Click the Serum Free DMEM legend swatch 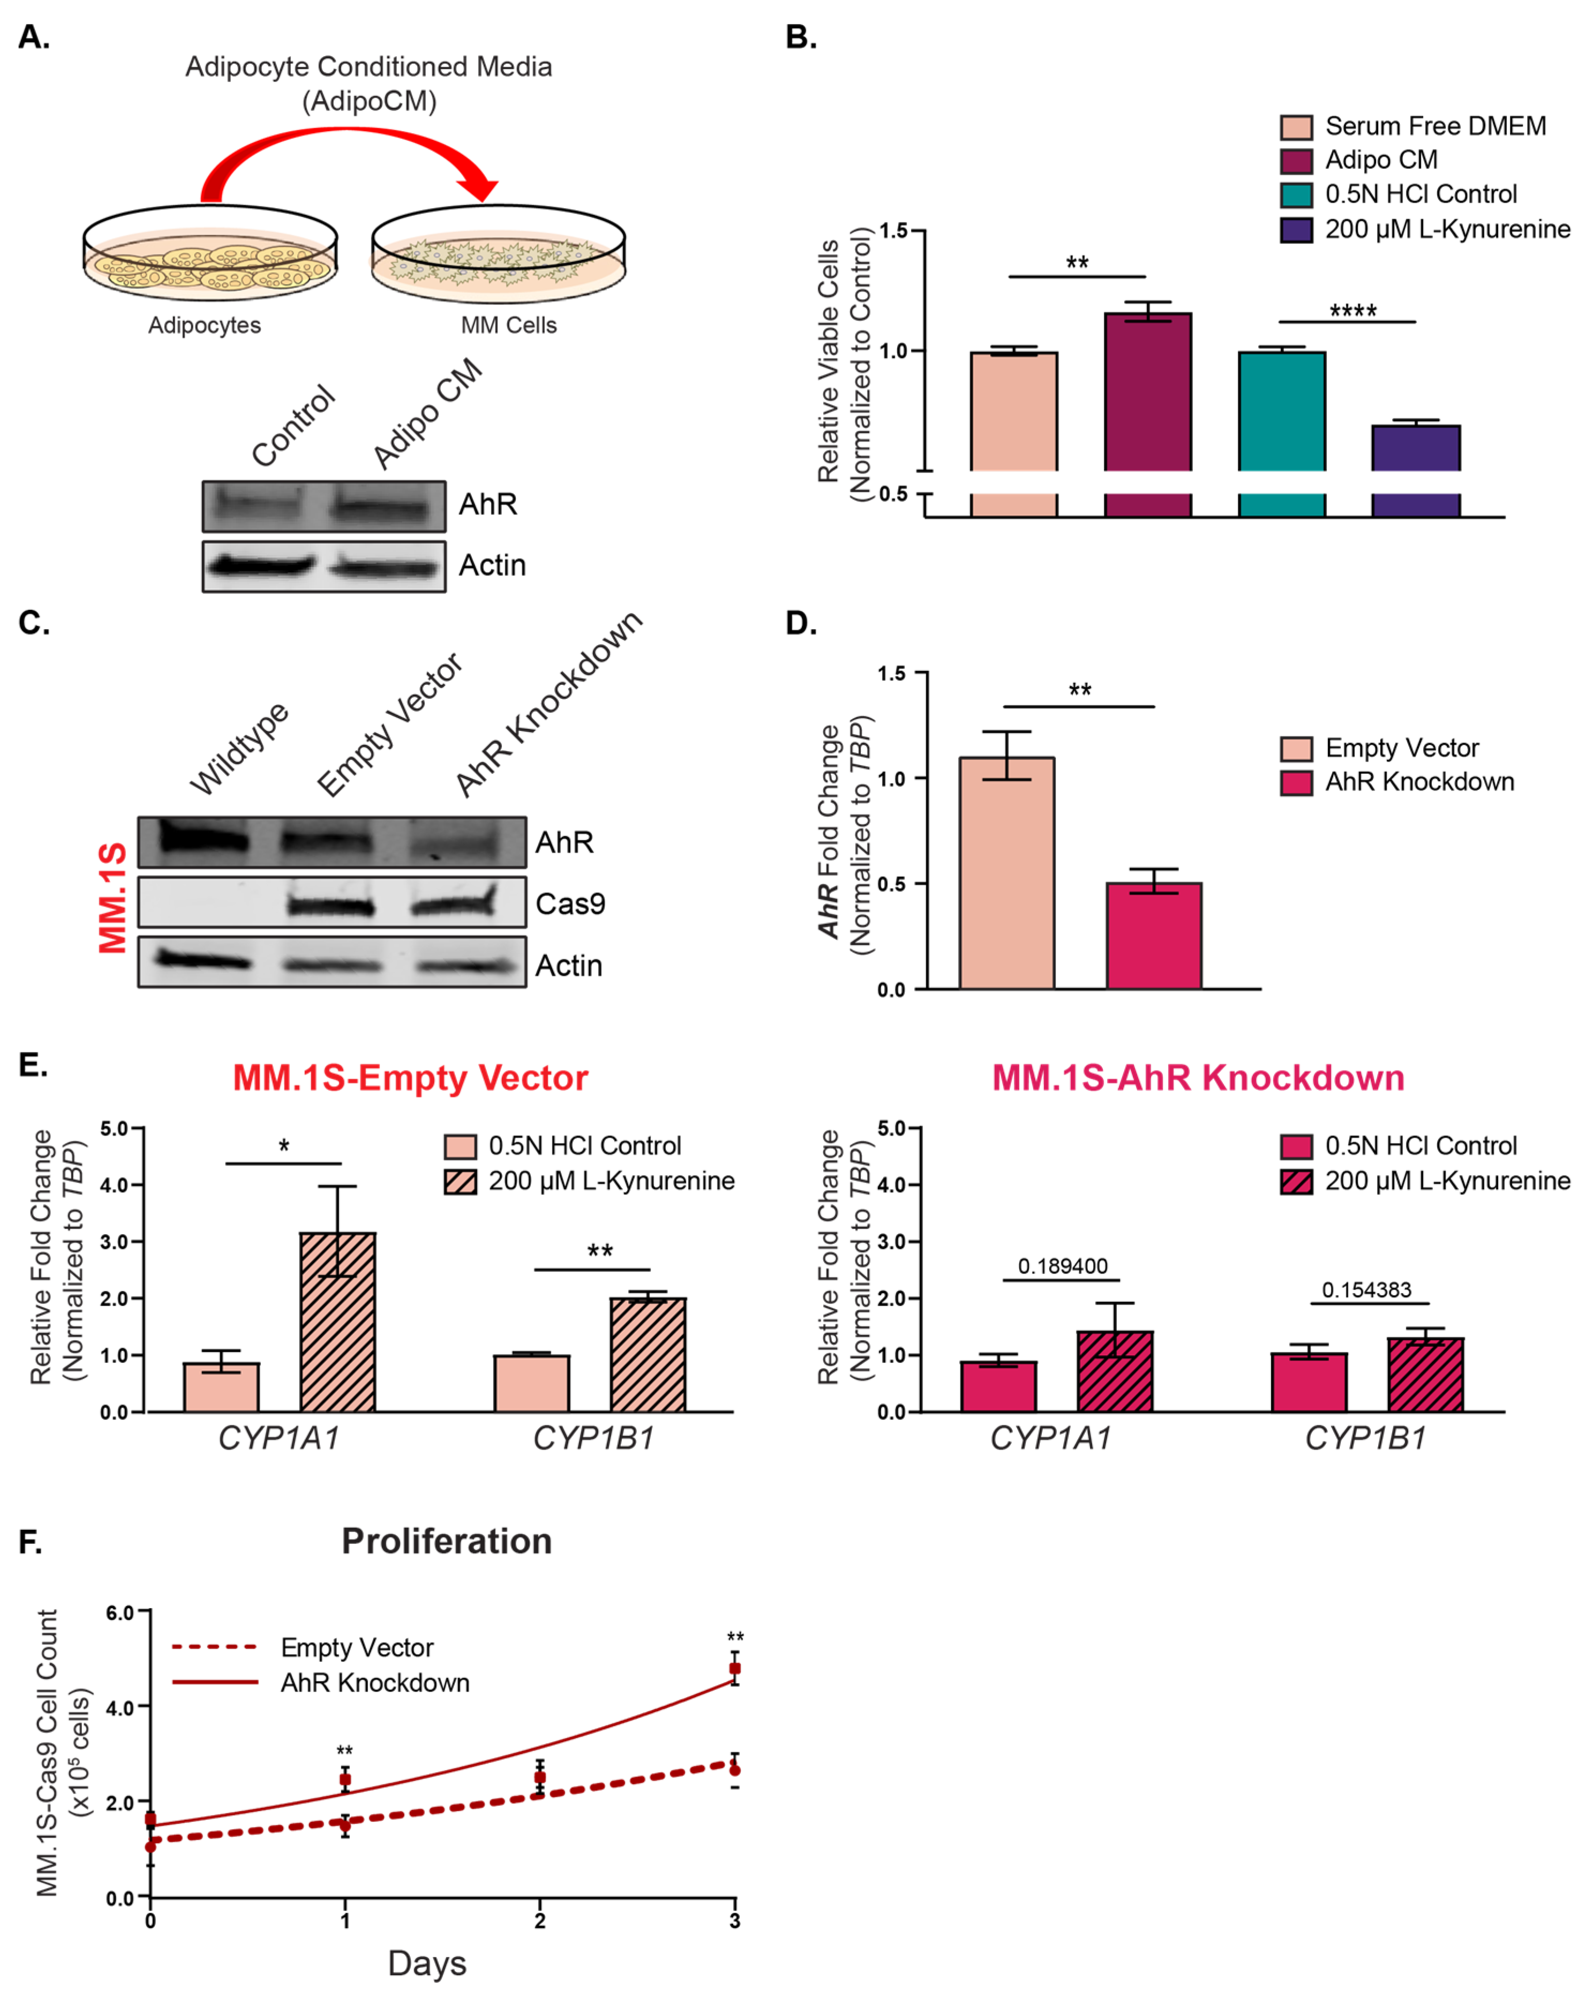(x=1296, y=127)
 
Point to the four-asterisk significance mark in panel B (x=1352, y=310)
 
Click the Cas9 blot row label (x=570, y=903)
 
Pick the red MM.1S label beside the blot (x=113, y=898)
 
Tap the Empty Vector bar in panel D (x=1007, y=873)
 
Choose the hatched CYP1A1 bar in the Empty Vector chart (x=338, y=1323)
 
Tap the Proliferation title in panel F (x=447, y=1542)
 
